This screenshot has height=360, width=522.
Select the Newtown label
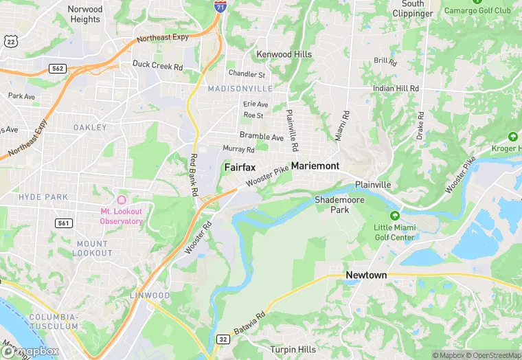tap(365, 275)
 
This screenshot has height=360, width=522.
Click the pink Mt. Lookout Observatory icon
tap(122, 199)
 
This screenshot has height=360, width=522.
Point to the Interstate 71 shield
tap(220, 7)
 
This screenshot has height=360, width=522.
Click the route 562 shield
tap(58, 69)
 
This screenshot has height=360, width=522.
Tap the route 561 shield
tap(63, 223)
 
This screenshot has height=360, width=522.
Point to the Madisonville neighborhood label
tap(240, 89)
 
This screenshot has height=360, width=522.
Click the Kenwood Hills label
tap(284, 54)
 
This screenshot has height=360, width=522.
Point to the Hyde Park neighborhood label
tap(44, 197)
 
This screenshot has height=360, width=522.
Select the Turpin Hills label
tap(293, 349)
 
